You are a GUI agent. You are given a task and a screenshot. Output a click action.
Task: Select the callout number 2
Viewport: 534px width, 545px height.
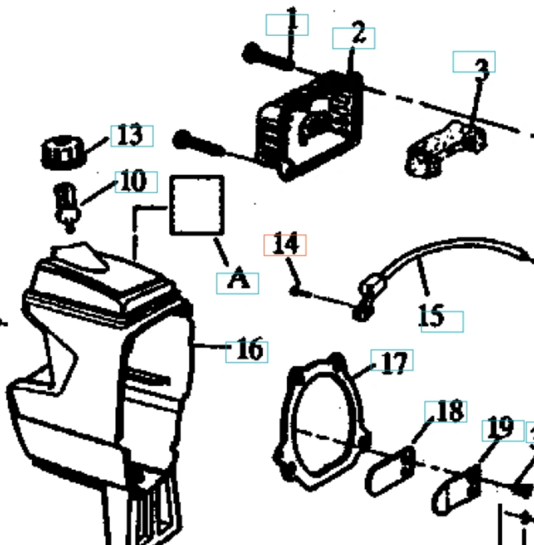click(359, 32)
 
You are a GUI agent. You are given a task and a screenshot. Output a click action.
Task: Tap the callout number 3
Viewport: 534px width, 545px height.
click(482, 69)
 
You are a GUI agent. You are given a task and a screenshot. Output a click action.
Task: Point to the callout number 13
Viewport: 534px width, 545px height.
click(130, 135)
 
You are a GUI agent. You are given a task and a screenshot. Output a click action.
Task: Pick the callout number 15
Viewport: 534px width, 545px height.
click(431, 315)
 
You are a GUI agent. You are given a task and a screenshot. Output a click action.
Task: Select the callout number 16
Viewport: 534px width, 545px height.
click(250, 349)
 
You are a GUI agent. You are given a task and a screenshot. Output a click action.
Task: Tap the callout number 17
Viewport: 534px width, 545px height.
click(395, 363)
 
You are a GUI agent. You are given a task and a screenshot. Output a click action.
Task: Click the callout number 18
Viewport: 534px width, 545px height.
click(450, 411)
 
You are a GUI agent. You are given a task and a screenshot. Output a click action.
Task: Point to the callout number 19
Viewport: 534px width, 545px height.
click(501, 427)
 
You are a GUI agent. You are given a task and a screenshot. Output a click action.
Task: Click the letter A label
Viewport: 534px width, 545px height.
click(238, 278)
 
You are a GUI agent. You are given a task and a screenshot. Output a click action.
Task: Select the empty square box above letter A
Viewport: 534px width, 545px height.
click(197, 205)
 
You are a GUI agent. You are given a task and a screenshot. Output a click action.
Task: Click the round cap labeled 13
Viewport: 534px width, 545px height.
click(63, 153)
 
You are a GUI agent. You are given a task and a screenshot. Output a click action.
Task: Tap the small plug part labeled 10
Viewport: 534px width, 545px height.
click(68, 207)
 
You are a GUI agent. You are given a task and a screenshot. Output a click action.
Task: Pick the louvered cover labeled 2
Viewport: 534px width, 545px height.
click(310, 125)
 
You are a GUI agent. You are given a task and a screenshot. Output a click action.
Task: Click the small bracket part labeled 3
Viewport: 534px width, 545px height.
click(445, 149)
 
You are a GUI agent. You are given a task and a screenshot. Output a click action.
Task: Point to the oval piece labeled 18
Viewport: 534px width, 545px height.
click(390, 471)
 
